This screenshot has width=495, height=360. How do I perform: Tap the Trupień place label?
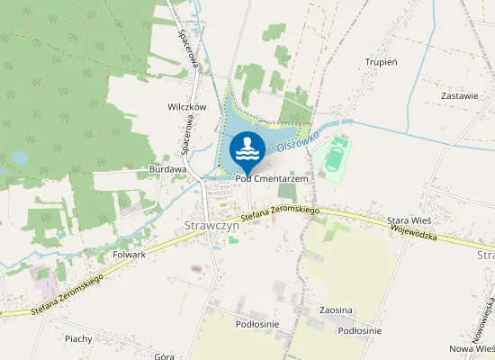coord(382,62)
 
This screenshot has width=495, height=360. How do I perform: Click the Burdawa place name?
coord(167,168)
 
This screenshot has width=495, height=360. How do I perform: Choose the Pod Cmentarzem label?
coord(273,179)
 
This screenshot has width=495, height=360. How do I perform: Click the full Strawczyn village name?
coord(209,226)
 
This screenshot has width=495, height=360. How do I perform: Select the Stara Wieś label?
coord(410,220)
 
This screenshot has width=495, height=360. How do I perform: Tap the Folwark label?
coord(129,255)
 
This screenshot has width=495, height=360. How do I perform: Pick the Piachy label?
coord(79,338)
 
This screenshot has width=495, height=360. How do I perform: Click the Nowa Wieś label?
coord(472,347)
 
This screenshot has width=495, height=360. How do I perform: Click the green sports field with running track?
coord(335,156)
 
